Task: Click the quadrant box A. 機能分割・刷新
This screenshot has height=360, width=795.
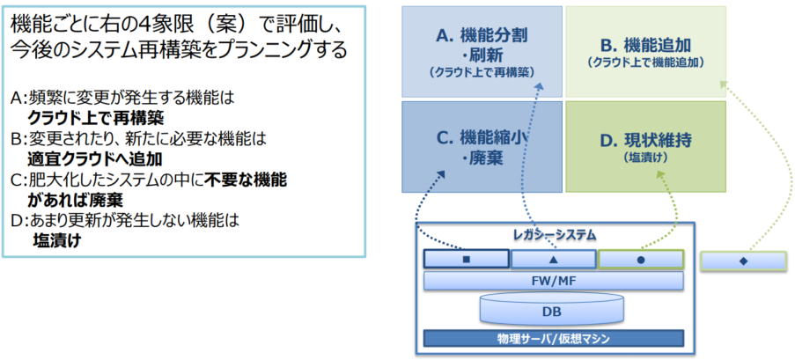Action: click(482, 51)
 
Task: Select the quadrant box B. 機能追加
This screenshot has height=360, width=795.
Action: click(644, 51)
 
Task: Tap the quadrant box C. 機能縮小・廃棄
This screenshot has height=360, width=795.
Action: click(482, 146)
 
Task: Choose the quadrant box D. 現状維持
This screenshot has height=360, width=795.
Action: click(644, 146)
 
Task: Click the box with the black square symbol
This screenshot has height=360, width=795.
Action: click(467, 260)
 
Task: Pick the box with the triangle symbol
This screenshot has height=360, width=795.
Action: click(553, 260)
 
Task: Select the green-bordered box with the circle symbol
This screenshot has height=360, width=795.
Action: click(640, 260)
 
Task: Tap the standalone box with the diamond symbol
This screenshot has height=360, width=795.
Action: click(743, 261)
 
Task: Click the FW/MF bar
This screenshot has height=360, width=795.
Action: click(554, 281)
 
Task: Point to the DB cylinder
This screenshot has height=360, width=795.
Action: click(553, 309)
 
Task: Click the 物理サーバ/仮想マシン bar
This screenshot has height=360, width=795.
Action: click(554, 338)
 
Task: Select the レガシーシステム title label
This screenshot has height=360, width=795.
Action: click(554, 235)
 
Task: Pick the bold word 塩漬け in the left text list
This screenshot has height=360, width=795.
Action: click(57, 239)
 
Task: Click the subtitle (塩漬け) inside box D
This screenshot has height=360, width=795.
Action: click(645, 158)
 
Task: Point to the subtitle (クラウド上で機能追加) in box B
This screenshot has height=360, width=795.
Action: click(645, 62)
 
